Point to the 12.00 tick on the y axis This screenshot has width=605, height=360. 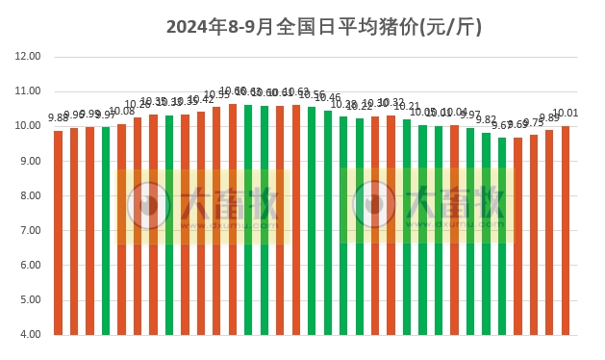(x=28, y=57)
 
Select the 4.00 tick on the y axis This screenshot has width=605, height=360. (x=28, y=335)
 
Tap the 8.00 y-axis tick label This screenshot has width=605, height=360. (x=28, y=196)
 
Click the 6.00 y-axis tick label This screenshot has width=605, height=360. (x=28, y=266)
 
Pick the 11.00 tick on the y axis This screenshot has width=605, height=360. (x=28, y=91)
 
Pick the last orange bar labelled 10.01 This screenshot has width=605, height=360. (x=566, y=230)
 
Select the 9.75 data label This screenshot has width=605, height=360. (x=534, y=123)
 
